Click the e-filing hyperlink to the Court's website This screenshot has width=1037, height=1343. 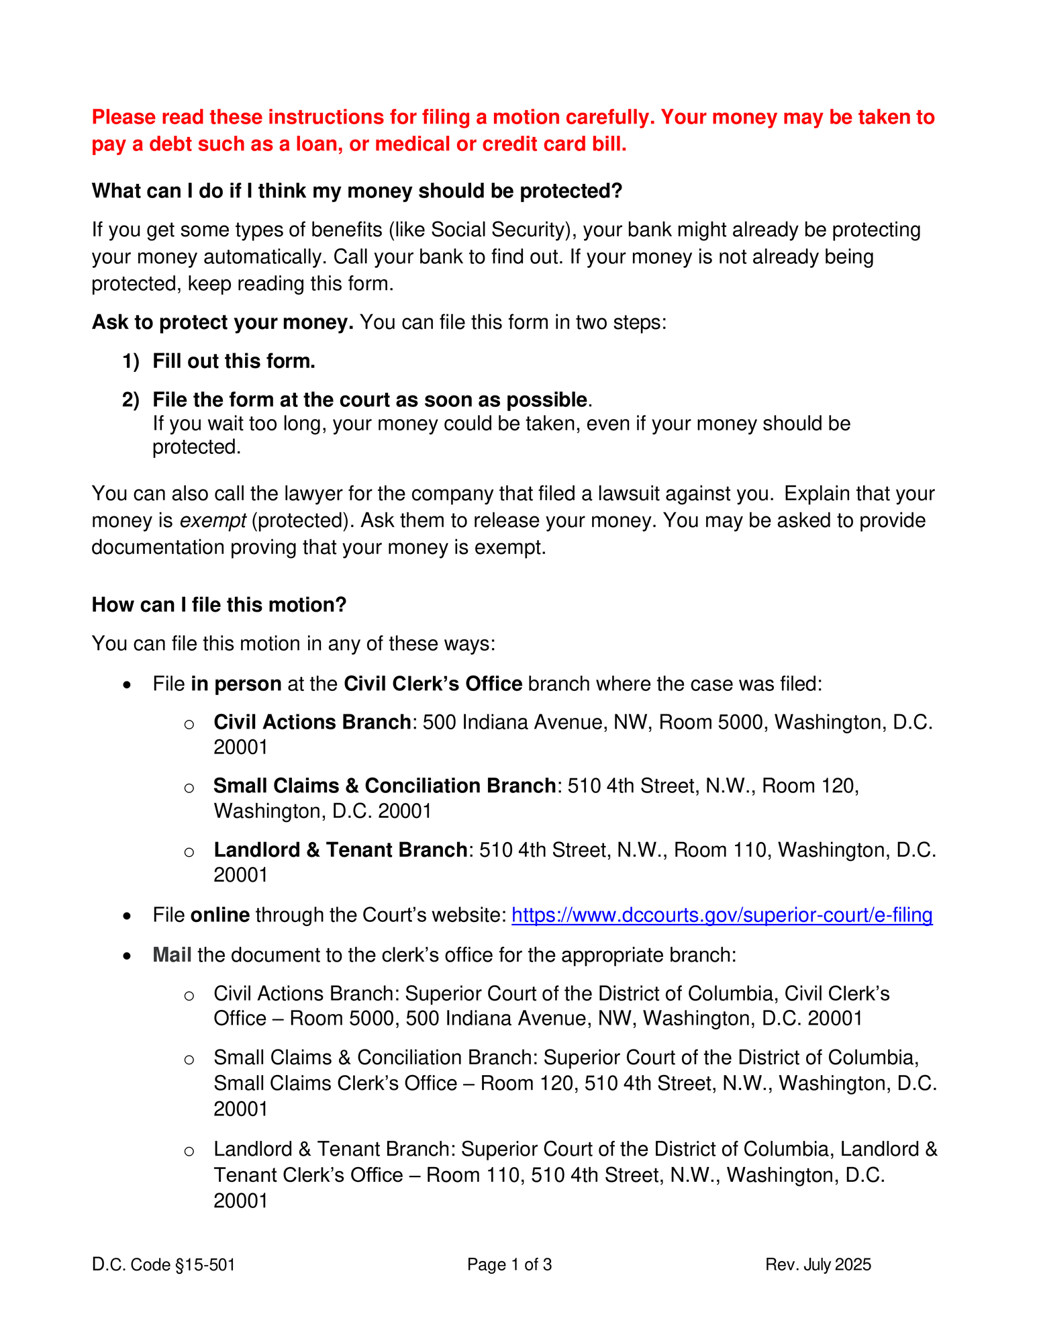pyautogui.click(x=722, y=915)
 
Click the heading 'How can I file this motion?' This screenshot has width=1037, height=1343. pyautogui.click(x=219, y=604)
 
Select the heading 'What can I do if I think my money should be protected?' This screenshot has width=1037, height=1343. pyautogui.click(x=357, y=191)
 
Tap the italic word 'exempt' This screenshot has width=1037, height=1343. pyautogui.click(x=213, y=520)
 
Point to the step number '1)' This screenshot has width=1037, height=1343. pyautogui.click(x=131, y=361)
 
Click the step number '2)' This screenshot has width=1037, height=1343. pyautogui.click(x=131, y=400)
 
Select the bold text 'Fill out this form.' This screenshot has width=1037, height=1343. pyautogui.click(x=234, y=361)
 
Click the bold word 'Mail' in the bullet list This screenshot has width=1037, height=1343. pyautogui.click(x=172, y=954)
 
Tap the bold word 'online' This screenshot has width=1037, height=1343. pyautogui.click(x=220, y=915)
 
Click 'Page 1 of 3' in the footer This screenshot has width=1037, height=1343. pyautogui.click(x=509, y=1264)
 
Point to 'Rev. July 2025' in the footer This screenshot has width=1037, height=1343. pyautogui.click(x=818, y=1264)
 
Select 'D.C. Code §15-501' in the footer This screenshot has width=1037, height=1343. pyautogui.click(x=163, y=1264)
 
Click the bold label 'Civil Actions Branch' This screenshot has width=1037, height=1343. pyautogui.click(x=312, y=722)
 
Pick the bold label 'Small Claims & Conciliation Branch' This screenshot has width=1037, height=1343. pyautogui.click(x=384, y=786)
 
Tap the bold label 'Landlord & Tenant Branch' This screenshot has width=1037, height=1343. pyautogui.click(x=340, y=849)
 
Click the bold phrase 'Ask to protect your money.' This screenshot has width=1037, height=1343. pyautogui.click(x=222, y=322)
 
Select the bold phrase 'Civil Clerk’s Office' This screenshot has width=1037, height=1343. pyautogui.click(x=433, y=684)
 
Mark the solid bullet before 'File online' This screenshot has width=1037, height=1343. pyautogui.click(x=128, y=916)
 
